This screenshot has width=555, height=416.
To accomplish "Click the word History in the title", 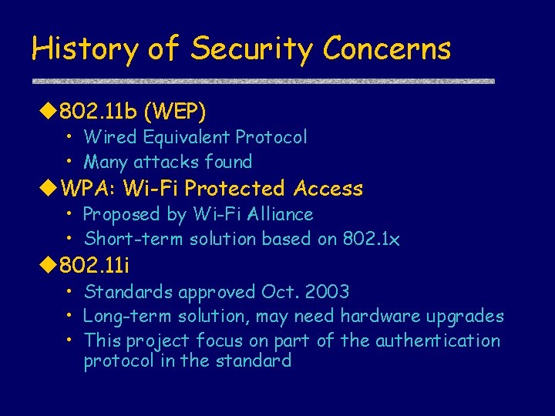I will click(84, 49).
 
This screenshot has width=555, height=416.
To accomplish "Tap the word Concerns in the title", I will click(387, 49).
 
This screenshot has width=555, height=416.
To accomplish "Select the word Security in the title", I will click(251, 49).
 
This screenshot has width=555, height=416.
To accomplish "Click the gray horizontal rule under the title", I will click(262, 81).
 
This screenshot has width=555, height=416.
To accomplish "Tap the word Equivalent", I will click(186, 137).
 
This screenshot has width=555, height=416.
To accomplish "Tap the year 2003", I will click(327, 292).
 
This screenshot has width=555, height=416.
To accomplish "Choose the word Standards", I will click(129, 292).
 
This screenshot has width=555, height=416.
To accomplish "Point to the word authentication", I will click(437, 341).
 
